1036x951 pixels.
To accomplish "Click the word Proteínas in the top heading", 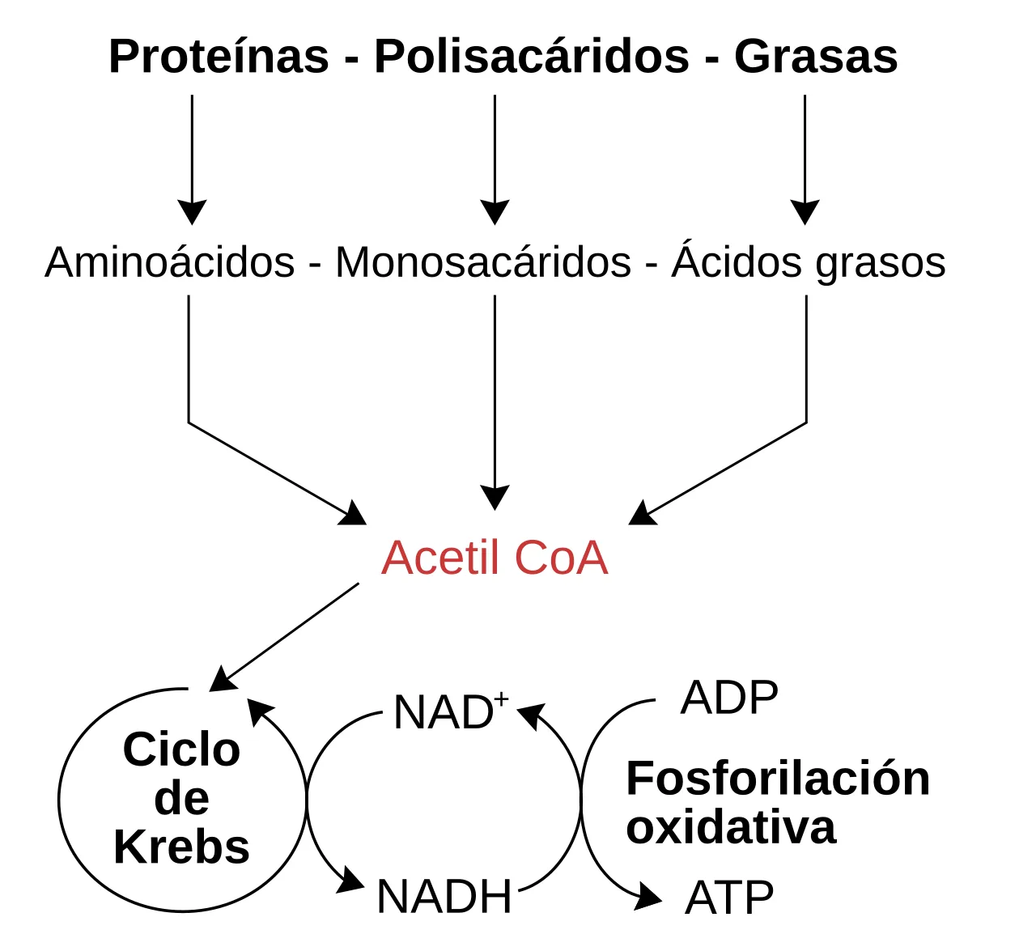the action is click(219, 56).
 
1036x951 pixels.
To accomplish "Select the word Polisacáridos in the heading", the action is click(532, 56).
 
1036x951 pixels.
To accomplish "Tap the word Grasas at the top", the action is click(816, 56).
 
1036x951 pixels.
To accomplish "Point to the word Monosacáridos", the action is click(483, 262).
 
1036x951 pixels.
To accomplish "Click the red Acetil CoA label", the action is click(495, 558).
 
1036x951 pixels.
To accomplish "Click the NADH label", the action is click(444, 897).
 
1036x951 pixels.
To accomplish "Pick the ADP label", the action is click(729, 698).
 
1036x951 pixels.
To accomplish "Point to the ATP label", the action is click(729, 898).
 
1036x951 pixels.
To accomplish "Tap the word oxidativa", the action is click(732, 828).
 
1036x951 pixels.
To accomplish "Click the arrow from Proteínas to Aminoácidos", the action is click(192, 159).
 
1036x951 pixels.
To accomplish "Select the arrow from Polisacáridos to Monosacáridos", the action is click(495, 159).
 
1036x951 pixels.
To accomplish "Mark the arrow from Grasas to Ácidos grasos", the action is click(805, 159).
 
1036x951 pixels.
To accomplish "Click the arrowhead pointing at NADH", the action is click(353, 879).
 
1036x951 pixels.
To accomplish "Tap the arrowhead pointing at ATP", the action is click(648, 896).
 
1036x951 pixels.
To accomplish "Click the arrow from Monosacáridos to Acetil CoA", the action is click(495, 403).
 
